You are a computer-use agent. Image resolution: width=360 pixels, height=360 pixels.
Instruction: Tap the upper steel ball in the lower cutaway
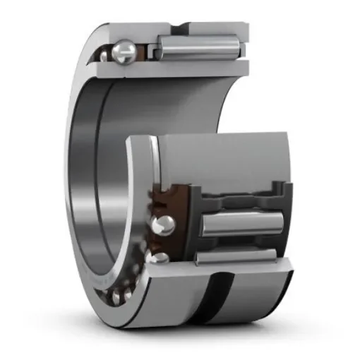[164, 225]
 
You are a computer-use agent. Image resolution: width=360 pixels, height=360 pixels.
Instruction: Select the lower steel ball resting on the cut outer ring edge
[162, 258]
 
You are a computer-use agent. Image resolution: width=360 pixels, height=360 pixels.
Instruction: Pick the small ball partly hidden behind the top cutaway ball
[106, 54]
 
